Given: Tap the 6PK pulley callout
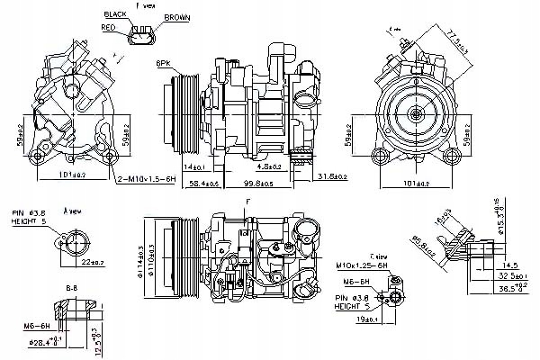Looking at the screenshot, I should (x=162, y=65).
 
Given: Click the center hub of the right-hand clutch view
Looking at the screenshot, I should (x=417, y=113).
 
